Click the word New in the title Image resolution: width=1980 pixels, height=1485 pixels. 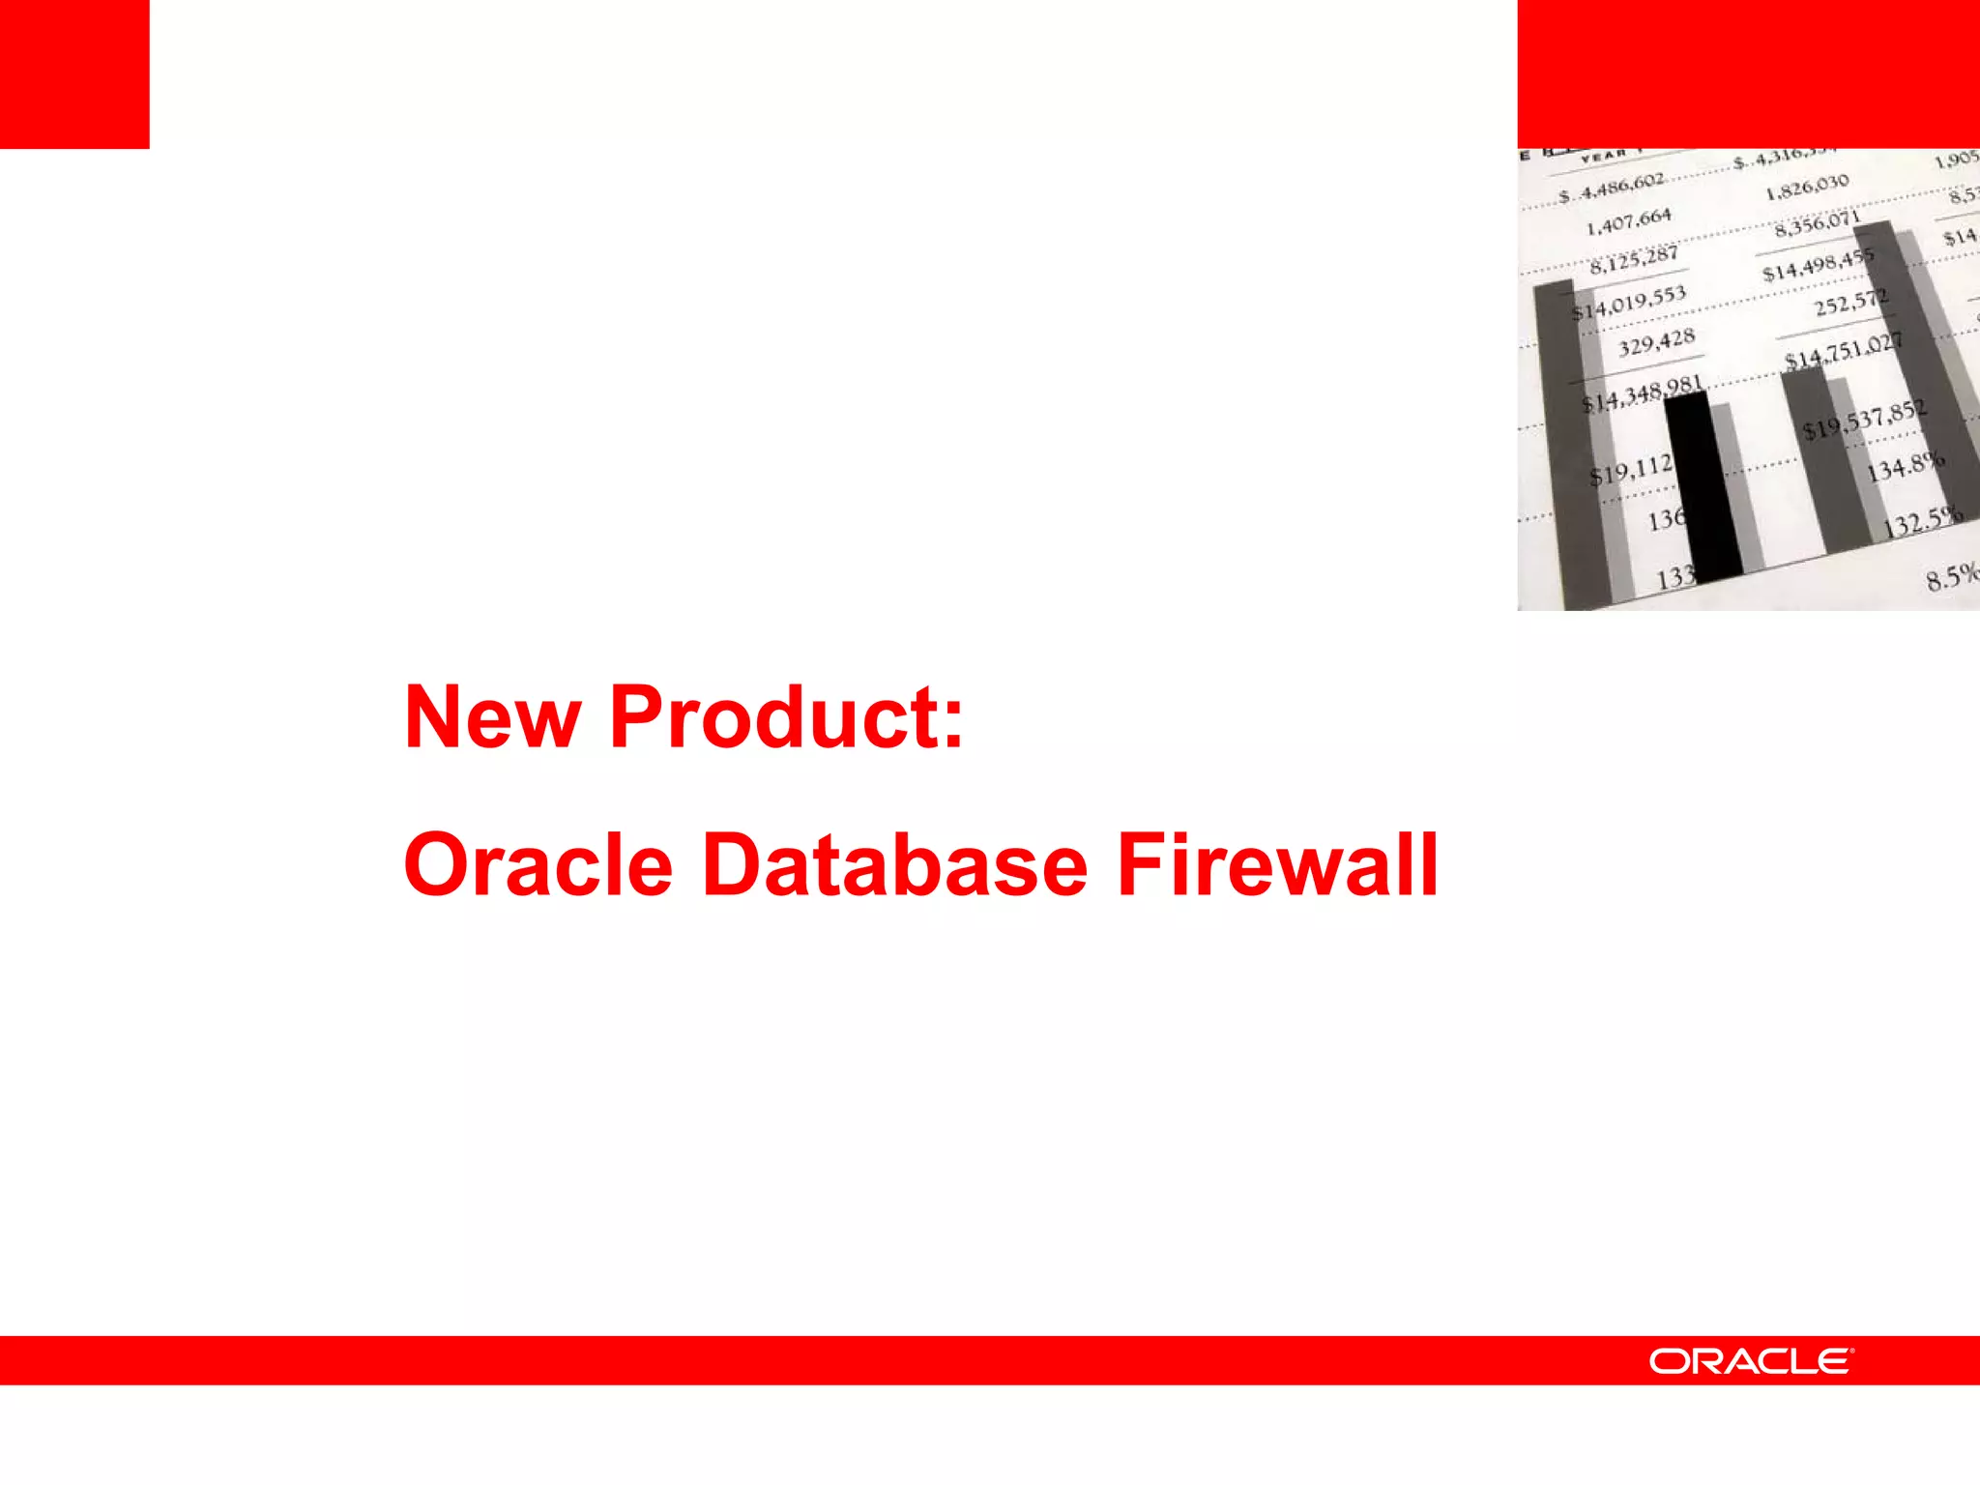click(492, 717)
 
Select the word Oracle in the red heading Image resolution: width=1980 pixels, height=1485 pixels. click(538, 864)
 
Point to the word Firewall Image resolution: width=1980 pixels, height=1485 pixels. click(1276, 864)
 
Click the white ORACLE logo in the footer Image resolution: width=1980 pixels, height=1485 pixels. click(1751, 1361)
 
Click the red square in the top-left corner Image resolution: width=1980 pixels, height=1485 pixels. click(74, 74)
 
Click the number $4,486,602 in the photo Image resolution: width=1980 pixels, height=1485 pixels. click(1612, 189)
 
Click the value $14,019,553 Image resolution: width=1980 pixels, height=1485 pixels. click(1629, 303)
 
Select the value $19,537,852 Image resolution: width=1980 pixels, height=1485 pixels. click(1865, 420)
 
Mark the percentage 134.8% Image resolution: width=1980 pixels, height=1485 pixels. click(1905, 467)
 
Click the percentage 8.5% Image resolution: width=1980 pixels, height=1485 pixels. click(1951, 577)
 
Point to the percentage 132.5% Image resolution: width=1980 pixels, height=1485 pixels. click(1923, 523)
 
